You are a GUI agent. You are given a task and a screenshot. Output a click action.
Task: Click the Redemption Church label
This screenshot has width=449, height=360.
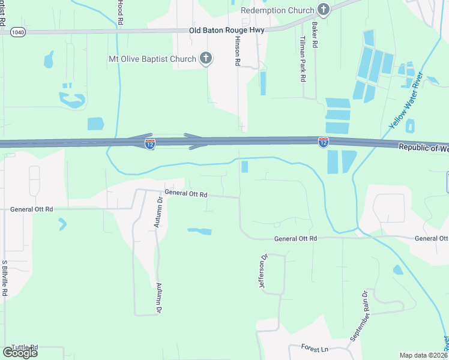pyautogui.click(x=277, y=10)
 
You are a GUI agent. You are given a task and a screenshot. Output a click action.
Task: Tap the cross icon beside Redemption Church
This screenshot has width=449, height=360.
pyautogui.click(x=324, y=9)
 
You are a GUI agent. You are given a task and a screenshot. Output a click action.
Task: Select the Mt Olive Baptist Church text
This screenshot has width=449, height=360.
pyautogui.click(x=152, y=59)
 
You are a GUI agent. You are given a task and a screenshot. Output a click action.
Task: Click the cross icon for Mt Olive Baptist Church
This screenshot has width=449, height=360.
pyautogui.click(x=206, y=58)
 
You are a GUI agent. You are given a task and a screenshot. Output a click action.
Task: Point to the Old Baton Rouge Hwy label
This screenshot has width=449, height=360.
pyautogui.click(x=227, y=31)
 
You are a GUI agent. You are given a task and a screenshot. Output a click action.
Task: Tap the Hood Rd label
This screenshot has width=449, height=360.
pyautogui.click(x=120, y=12)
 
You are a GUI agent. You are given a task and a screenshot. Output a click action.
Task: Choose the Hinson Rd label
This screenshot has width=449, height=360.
pyautogui.click(x=237, y=52)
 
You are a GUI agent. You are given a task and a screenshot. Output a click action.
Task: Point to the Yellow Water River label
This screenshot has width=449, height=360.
pyautogui.click(x=406, y=101)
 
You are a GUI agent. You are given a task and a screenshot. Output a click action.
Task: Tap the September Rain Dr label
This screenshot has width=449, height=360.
pyautogui.click(x=359, y=316)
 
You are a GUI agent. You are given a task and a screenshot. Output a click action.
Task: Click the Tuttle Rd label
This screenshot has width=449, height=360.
pyautogui.click(x=24, y=347)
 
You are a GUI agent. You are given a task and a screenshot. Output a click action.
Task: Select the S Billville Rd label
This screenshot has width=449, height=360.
pyautogui.click(x=4, y=278)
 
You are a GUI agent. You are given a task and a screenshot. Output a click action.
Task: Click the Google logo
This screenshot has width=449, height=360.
pyautogui.click(x=20, y=352)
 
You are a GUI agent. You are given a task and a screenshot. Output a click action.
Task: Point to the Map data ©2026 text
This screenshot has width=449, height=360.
pyautogui.click(x=424, y=355)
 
